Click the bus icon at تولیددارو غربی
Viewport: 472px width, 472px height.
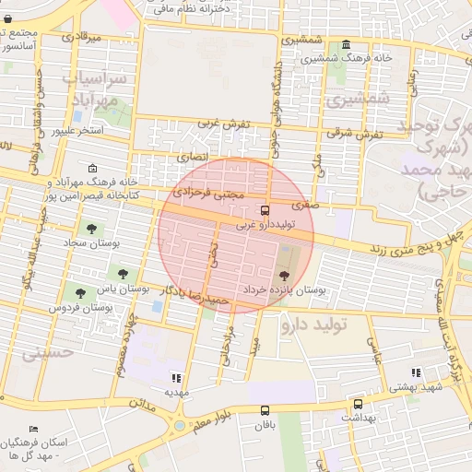[265, 210]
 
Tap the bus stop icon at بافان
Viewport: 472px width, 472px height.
[265, 410]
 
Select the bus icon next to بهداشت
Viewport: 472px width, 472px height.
[358, 404]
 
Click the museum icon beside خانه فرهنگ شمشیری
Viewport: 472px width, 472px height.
[346, 45]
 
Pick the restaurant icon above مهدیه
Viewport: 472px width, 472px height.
[176, 378]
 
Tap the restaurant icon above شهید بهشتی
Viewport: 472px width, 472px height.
[416, 373]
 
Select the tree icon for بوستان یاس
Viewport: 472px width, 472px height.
[122, 273]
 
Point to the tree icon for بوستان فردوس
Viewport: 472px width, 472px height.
[81, 293]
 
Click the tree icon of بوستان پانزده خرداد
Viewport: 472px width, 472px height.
[283, 275]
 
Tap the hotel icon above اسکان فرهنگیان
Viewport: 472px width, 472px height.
[34, 430]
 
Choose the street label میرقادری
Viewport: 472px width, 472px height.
[81, 38]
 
